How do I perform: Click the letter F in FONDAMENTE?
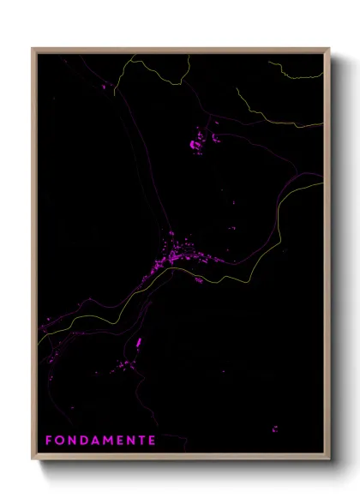click(48, 441)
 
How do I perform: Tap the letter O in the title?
click(61, 441)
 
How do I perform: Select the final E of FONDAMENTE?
click(152, 441)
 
